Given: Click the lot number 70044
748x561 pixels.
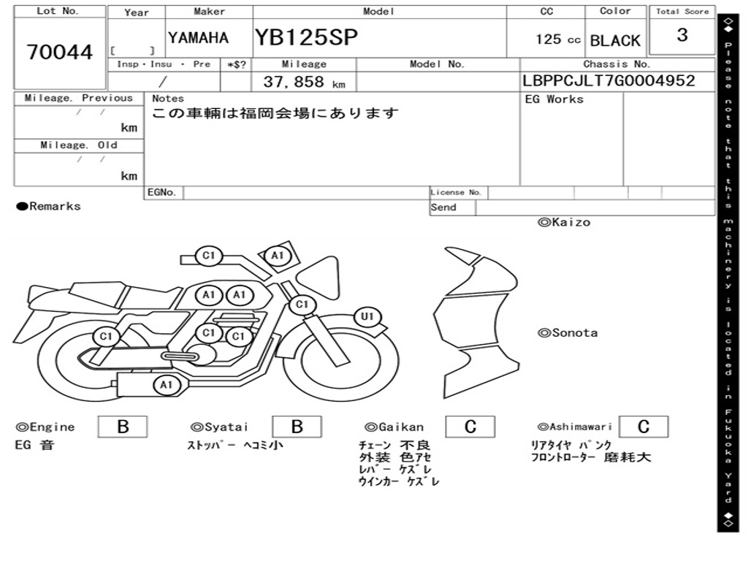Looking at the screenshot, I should pyautogui.click(x=60, y=53).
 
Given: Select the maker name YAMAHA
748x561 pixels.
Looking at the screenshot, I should pyautogui.click(x=198, y=38).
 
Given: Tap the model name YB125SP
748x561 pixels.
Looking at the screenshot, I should pyautogui.click(x=306, y=37).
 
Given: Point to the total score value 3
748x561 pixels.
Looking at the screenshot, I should pyautogui.click(x=682, y=35).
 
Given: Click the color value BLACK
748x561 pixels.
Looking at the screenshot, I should pyautogui.click(x=615, y=41).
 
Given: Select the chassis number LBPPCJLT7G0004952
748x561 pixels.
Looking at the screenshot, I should pyautogui.click(x=608, y=81).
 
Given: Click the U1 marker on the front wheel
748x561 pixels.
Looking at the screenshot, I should pyautogui.click(x=367, y=317).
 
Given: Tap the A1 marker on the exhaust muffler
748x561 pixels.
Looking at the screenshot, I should pyautogui.click(x=167, y=384).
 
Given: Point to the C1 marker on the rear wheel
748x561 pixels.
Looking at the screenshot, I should pyautogui.click(x=107, y=337).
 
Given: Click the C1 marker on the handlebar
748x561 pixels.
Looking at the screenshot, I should pyautogui.click(x=209, y=256).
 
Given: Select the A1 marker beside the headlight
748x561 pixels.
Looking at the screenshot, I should pyautogui.click(x=277, y=256).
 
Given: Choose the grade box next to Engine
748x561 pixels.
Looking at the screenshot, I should pyautogui.click(x=123, y=427).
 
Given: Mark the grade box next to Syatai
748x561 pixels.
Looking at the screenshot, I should pyautogui.click(x=297, y=427).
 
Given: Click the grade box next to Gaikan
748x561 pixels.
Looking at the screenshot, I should pyautogui.click(x=470, y=427).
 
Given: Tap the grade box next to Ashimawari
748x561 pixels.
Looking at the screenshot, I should pyautogui.click(x=643, y=427).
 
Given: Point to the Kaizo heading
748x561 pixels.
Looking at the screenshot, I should pyautogui.click(x=564, y=222).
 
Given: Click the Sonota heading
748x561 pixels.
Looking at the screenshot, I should pyautogui.click(x=568, y=333).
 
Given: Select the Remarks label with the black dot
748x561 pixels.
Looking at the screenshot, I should pyautogui.click(x=49, y=207).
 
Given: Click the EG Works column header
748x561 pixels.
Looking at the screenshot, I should pyautogui.click(x=554, y=99).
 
